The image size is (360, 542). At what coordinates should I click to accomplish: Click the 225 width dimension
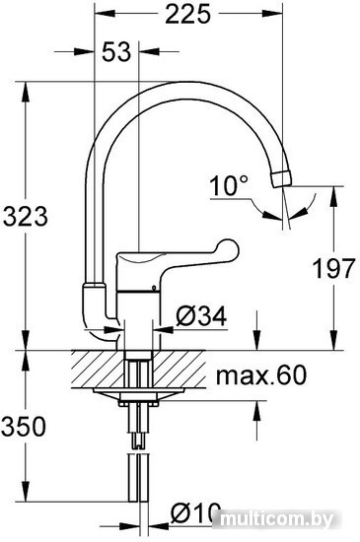pyautogui.click(x=187, y=14)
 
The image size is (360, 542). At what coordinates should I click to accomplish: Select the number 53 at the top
pyautogui.click(x=116, y=52)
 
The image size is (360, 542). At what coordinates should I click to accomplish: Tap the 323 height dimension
pyautogui.click(x=26, y=217)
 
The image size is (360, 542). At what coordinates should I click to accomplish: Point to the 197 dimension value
pyautogui.click(x=333, y=268)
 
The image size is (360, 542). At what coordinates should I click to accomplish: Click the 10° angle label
pyautogui.click(x=229, y=185)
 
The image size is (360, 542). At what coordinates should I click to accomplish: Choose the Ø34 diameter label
pyautogui.click(x=201, y=316)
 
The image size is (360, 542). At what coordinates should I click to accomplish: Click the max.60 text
pyautogui.click(x=261, y=374)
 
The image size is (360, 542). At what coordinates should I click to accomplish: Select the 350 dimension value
pyautogui.click(x=24, y=426)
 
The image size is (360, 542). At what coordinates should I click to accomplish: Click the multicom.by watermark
pyautogui.click(x=276, y=519)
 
